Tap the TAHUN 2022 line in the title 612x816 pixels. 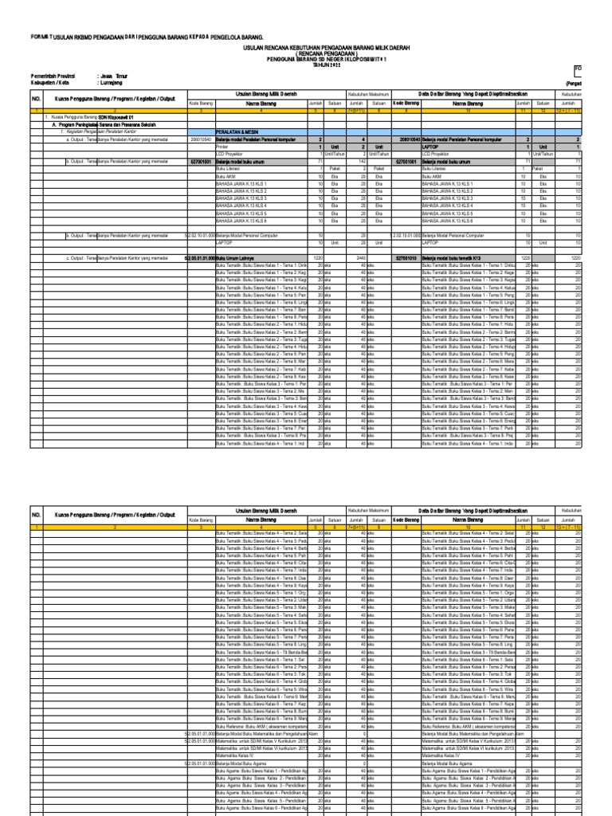coord(307,65)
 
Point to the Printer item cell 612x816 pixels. coord(223,147)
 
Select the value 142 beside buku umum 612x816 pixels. coord(359,161)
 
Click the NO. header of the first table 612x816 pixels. coord(36,100)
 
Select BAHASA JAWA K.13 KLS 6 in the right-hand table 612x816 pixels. coord(447,221)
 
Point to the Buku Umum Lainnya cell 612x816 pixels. coord(239,258)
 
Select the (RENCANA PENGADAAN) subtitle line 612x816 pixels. coord(307,53)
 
